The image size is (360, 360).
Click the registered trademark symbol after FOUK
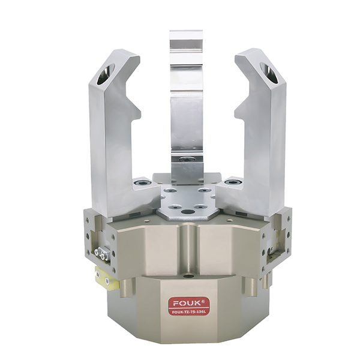point(200,301)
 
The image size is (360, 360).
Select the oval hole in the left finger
point(106,74)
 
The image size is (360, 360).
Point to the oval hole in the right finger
point(269,73)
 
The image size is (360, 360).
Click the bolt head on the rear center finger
point(187,159)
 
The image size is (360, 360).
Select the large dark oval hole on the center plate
point(187,211)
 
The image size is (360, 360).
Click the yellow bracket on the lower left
point(107,279)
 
